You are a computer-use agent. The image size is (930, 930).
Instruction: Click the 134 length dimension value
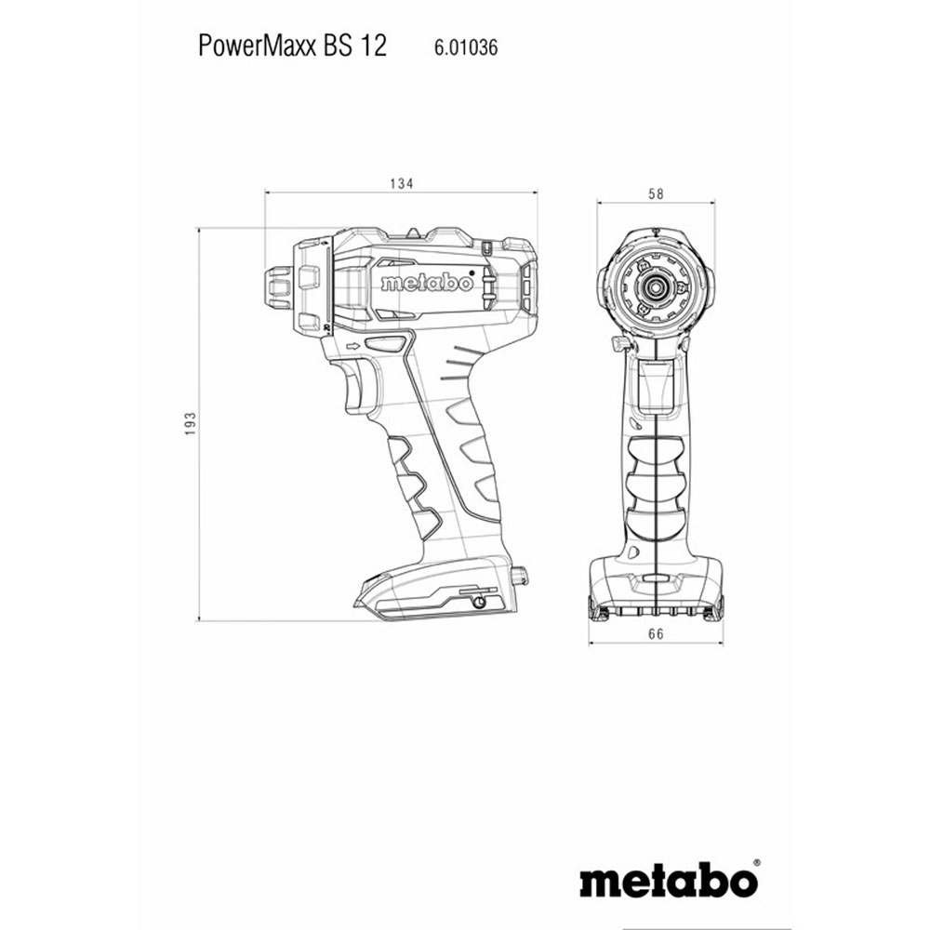[401, 184]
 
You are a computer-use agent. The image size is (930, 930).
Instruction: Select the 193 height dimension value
[190, 424]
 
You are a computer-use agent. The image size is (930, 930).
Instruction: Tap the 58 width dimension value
[656, 194]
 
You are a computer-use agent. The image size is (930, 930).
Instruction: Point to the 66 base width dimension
[656, 634]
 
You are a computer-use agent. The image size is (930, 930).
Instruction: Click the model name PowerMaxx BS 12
[292, 46]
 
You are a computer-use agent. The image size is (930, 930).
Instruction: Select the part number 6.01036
[466, 47]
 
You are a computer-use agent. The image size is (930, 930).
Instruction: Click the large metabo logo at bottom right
[669, 883]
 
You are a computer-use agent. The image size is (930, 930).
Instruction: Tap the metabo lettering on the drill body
[427, 283]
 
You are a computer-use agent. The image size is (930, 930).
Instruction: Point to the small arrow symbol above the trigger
[353, 346]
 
